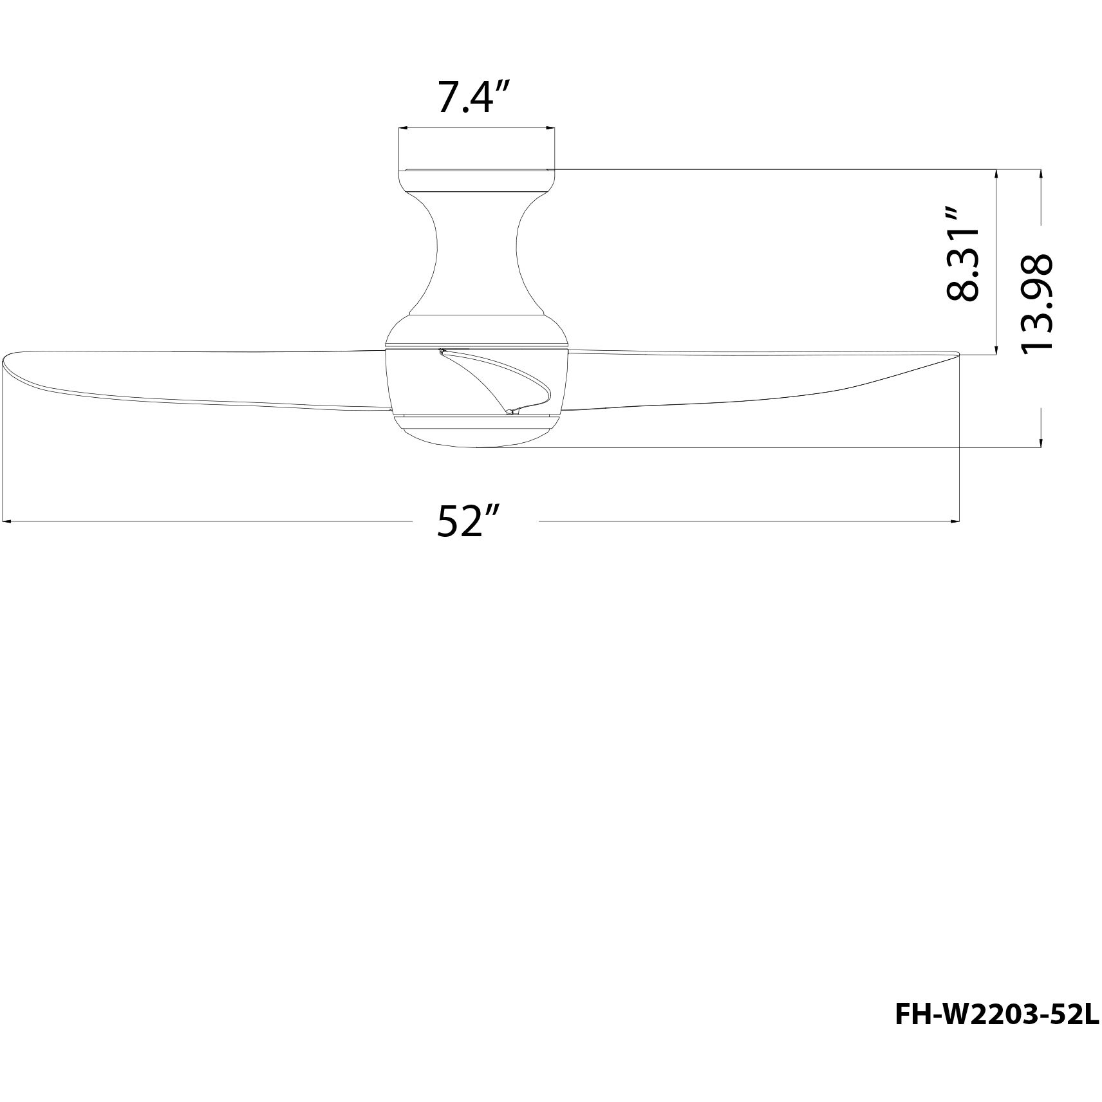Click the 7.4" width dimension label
tap(474, 97)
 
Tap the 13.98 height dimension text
tap(1036, 303)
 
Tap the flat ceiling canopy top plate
tap(476, 171)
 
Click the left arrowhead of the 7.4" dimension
tap(402, 129)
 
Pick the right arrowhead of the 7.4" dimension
tap(551, 129)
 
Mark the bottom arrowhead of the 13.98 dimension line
tap(1041, 442)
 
